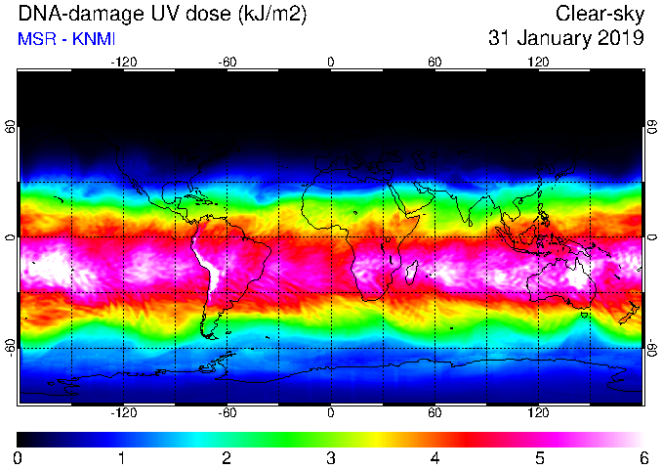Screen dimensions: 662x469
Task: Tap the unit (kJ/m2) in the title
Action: coord(271,14)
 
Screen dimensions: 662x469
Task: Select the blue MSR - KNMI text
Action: coord(66,39)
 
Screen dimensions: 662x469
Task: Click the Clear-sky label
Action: coord(600,14)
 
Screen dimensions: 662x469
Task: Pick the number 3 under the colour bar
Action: coord(331,457)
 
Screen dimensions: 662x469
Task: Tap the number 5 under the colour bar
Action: coord(540,457)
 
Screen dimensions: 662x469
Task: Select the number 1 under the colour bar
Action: coord(122,457)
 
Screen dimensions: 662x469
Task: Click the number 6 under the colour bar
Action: coord(643,457)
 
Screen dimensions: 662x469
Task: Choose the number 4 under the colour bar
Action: coord(435,457)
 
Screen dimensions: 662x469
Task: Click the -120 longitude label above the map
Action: coord(124,63)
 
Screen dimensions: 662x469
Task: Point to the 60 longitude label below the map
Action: coord(434,412)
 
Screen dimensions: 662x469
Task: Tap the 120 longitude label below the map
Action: coord(538,412)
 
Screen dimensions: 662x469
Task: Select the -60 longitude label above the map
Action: coord(228,63)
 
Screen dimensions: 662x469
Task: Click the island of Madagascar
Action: coord(412,272)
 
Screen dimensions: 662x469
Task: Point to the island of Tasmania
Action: coord(584,315)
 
